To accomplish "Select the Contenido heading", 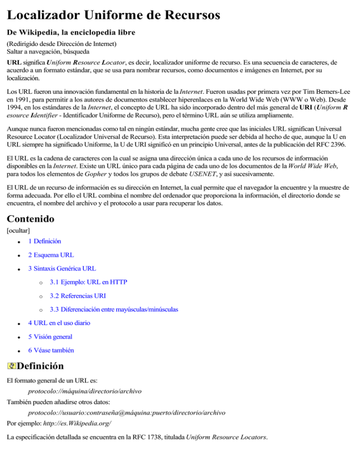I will click(x=30, y=218).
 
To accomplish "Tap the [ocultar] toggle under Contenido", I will click(x=18, y=231).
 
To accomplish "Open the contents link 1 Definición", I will click(x=44, y=241).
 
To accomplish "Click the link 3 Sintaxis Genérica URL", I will click(x=62, y=269).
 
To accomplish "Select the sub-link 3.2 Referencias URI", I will click(x=77, y=296).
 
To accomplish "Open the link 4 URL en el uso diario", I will click(x=59, y=323).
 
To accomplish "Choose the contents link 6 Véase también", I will click(x=51, y=350).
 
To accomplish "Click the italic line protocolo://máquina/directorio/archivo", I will click(x=85, y=390).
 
